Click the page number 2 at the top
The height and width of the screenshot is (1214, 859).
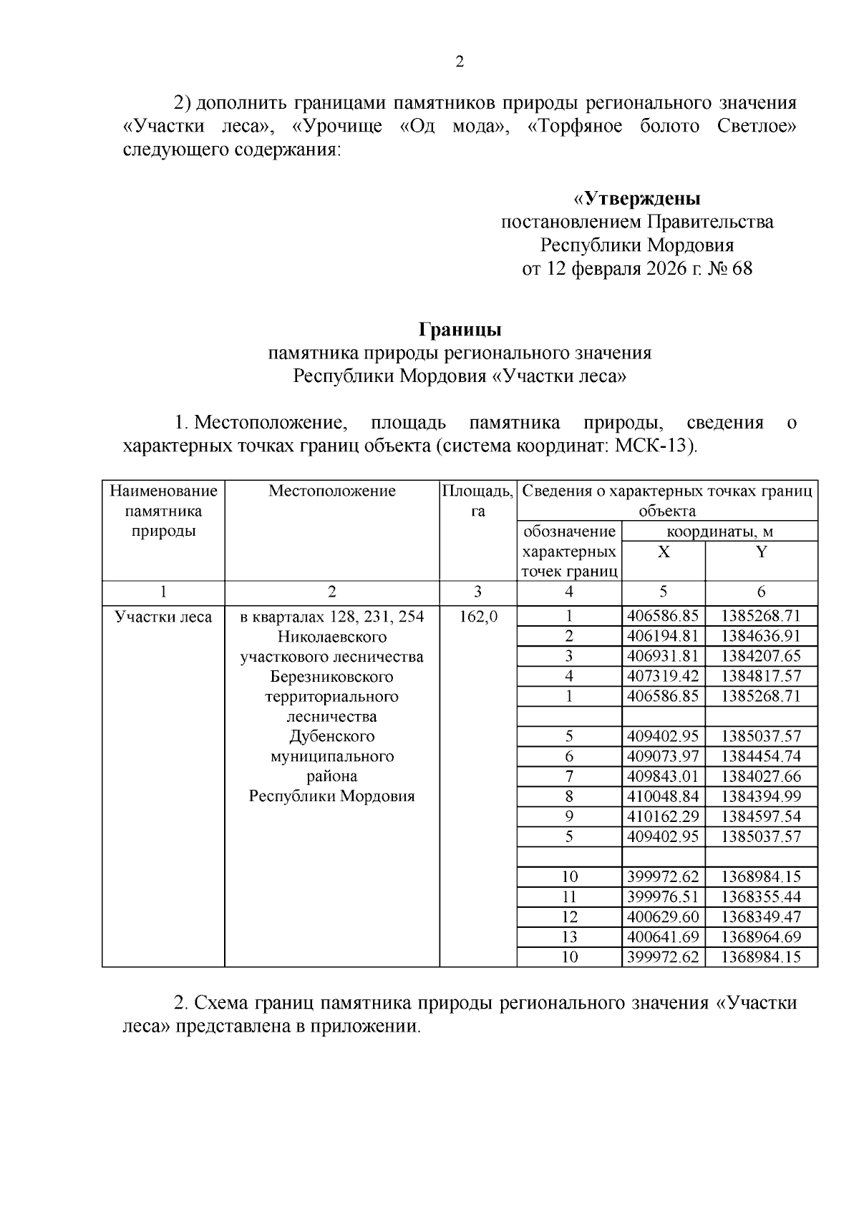(460, 62)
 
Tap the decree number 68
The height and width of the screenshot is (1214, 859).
(742, 270)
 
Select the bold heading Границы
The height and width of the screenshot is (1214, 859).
(460, 330)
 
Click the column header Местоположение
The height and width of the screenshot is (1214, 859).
(332, 491)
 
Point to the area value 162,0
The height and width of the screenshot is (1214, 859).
(477, 617)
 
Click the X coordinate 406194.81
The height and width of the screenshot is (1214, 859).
(662, 637)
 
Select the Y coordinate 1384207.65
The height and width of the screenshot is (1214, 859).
(760, 657)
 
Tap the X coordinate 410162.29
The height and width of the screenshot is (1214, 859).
(662, 817)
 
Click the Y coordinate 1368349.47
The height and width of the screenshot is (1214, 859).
(760, 917)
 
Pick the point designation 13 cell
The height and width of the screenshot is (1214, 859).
(569, 937)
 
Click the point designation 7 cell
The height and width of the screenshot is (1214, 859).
(569, 777)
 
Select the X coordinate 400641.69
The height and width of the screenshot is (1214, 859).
(662, 937)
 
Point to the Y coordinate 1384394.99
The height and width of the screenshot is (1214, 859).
(760, 797)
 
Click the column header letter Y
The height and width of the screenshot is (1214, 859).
(761, 552)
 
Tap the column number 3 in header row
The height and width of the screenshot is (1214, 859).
(477, 592)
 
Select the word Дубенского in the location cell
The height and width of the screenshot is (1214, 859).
(332, 737)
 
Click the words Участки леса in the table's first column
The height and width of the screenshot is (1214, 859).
(164, 617)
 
